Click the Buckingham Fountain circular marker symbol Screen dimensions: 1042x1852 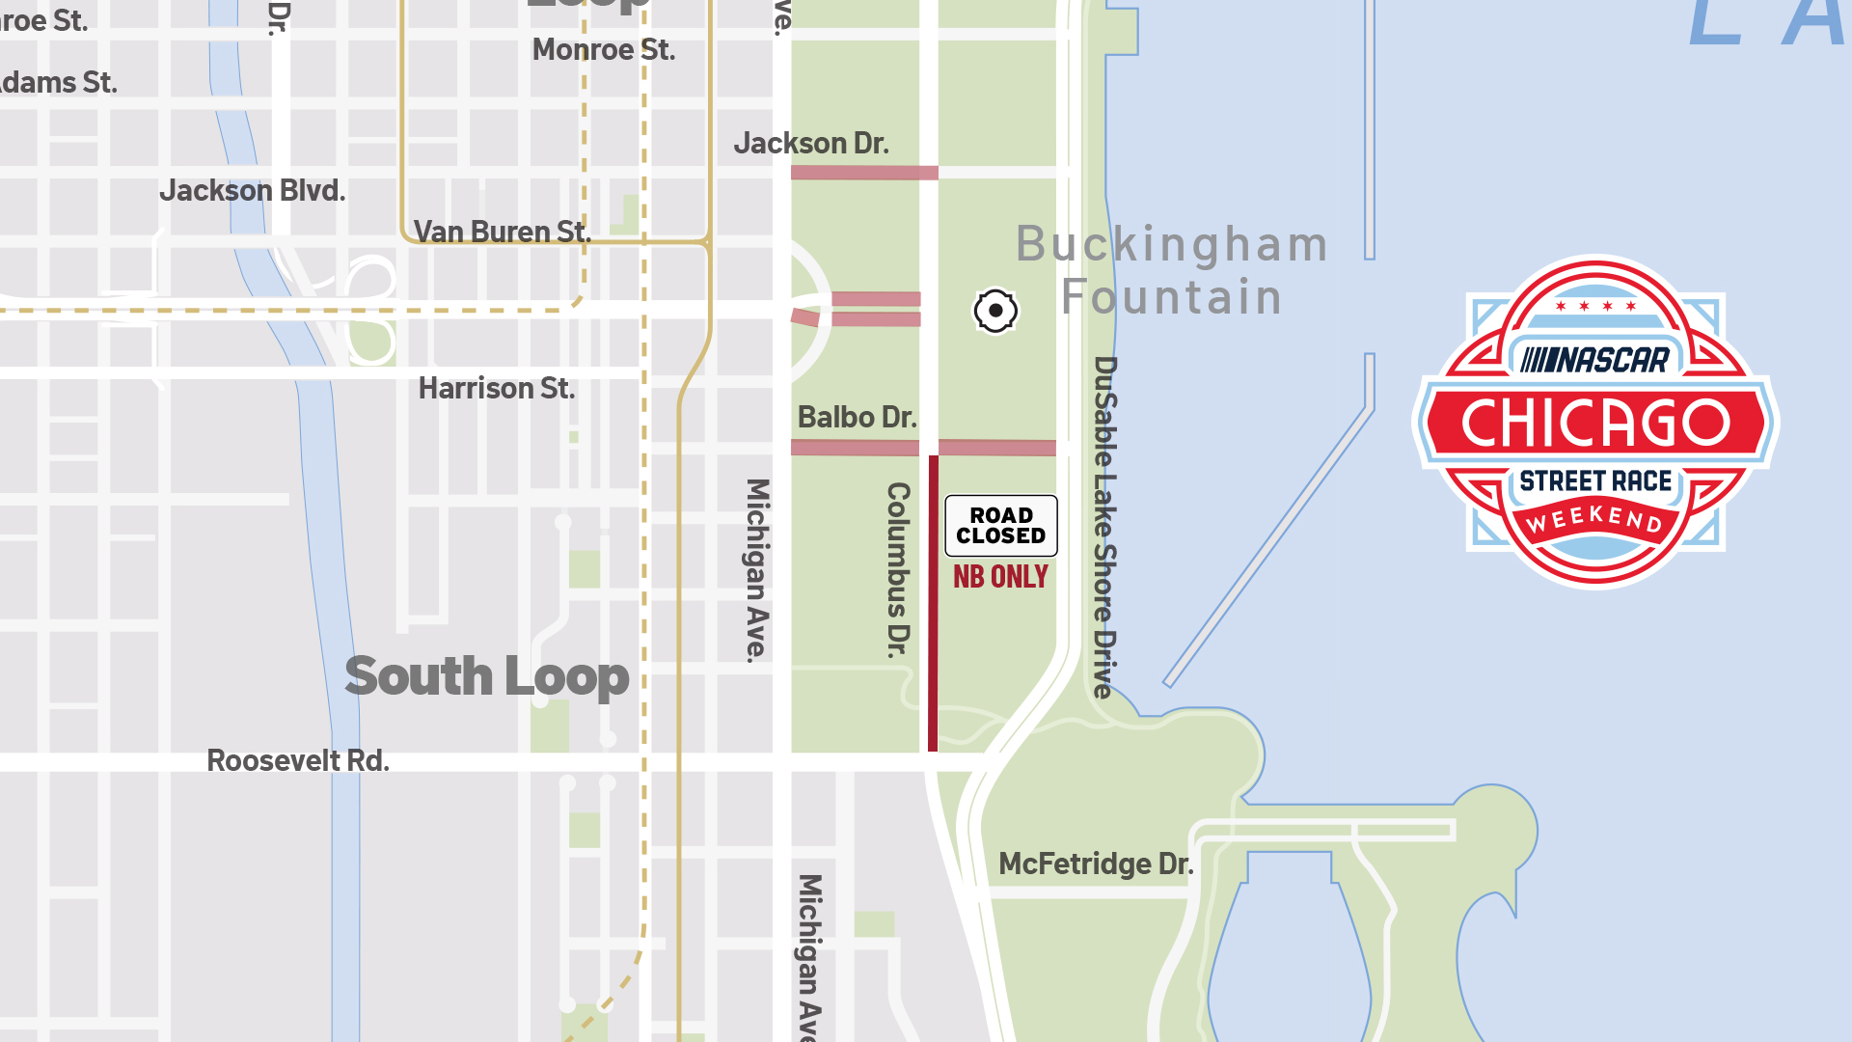995,311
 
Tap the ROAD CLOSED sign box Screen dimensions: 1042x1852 1001,526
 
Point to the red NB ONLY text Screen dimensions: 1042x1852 1000,577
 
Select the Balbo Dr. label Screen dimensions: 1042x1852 857,418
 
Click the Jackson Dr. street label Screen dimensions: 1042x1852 811,144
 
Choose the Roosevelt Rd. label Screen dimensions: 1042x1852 298,761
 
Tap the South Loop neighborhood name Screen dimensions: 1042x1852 487,676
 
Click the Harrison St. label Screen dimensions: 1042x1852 497,389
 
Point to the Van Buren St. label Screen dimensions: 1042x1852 502,232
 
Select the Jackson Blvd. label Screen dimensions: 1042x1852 253,191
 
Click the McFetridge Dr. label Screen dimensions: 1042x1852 1096,864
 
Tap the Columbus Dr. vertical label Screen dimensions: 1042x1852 898,569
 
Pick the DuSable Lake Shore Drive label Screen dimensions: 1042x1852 1104,527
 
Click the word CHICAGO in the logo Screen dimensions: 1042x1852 1595,423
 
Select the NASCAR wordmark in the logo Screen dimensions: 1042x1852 1595,360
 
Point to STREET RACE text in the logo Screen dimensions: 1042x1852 1595,480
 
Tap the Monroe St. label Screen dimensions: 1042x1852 604,50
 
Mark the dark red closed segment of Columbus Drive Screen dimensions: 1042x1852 933,603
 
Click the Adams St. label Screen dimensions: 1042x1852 58,83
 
